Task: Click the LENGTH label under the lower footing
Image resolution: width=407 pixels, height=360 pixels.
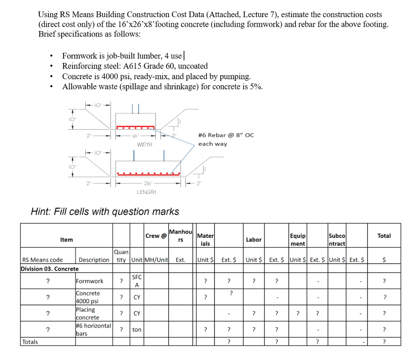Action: [146, 192]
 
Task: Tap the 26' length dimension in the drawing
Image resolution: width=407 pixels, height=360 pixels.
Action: [147, 183]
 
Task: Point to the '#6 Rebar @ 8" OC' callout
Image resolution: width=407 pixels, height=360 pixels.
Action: [225, 135]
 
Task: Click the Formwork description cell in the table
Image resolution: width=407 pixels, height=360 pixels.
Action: [89, 281]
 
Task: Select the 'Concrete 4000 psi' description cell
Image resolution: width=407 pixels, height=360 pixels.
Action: [88, 297]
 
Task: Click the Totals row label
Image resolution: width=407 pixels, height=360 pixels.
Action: [30, 342]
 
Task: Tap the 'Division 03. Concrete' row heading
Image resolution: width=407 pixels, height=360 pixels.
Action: [50, 269]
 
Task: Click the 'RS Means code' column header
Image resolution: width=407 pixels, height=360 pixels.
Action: [43, 260]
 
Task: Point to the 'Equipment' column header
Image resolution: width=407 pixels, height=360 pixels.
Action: [298, 240]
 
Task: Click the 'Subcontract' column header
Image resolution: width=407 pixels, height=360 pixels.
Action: [337, 240]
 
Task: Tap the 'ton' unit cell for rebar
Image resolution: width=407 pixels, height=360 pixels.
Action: [136, 330]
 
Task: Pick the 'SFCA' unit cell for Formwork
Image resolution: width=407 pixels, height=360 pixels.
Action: [136, 281]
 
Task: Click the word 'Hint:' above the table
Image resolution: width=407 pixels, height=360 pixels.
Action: [43, 212]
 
